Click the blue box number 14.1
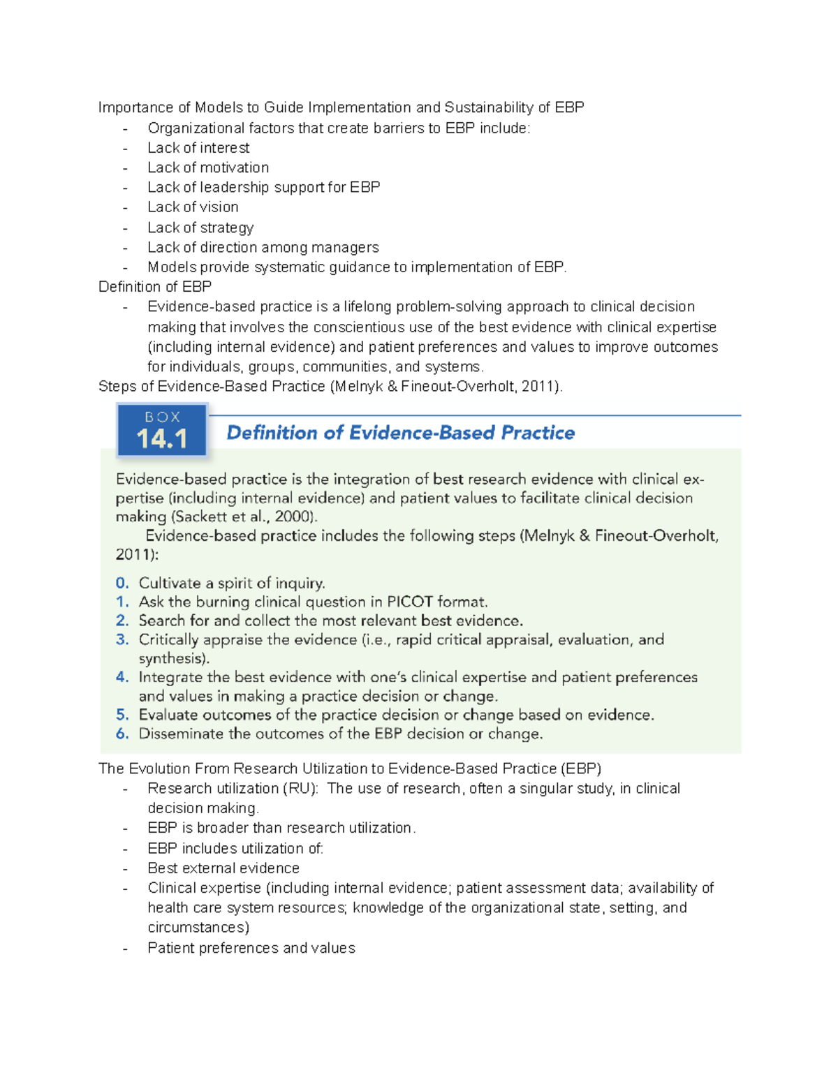pos(161,439)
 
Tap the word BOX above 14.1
pos(162,417)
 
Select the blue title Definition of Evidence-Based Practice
pos(400,433)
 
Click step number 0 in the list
pos(122,584)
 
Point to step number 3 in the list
pos(122,640)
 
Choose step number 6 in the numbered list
pos(122,734)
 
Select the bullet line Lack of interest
pos(198,148)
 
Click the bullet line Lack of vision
pos(193,207)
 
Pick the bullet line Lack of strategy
pos(200,228)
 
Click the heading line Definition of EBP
pos(155,287)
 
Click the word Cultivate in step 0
pos(170,584)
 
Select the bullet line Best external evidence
pos(223,868)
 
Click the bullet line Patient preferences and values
pos(251,948)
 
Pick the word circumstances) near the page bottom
pos(198,928)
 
